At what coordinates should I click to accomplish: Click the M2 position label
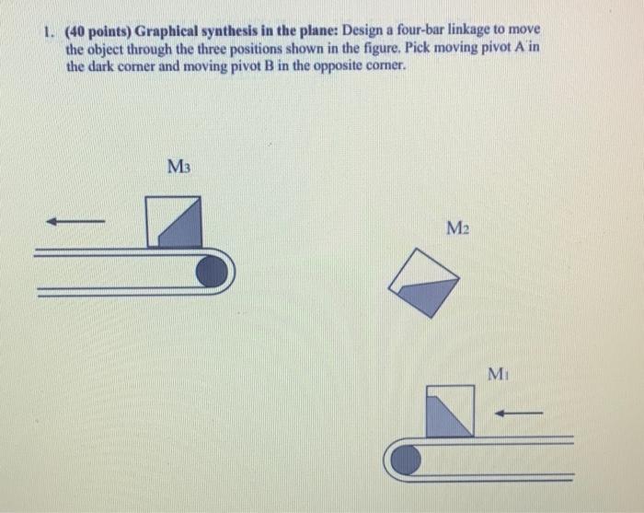[457, 227]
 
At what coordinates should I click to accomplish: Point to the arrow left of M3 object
[75, 221]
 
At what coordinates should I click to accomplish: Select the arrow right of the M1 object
[519, 413]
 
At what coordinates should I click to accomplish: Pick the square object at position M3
[174, 222]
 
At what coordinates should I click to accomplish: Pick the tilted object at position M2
[423, 281]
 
